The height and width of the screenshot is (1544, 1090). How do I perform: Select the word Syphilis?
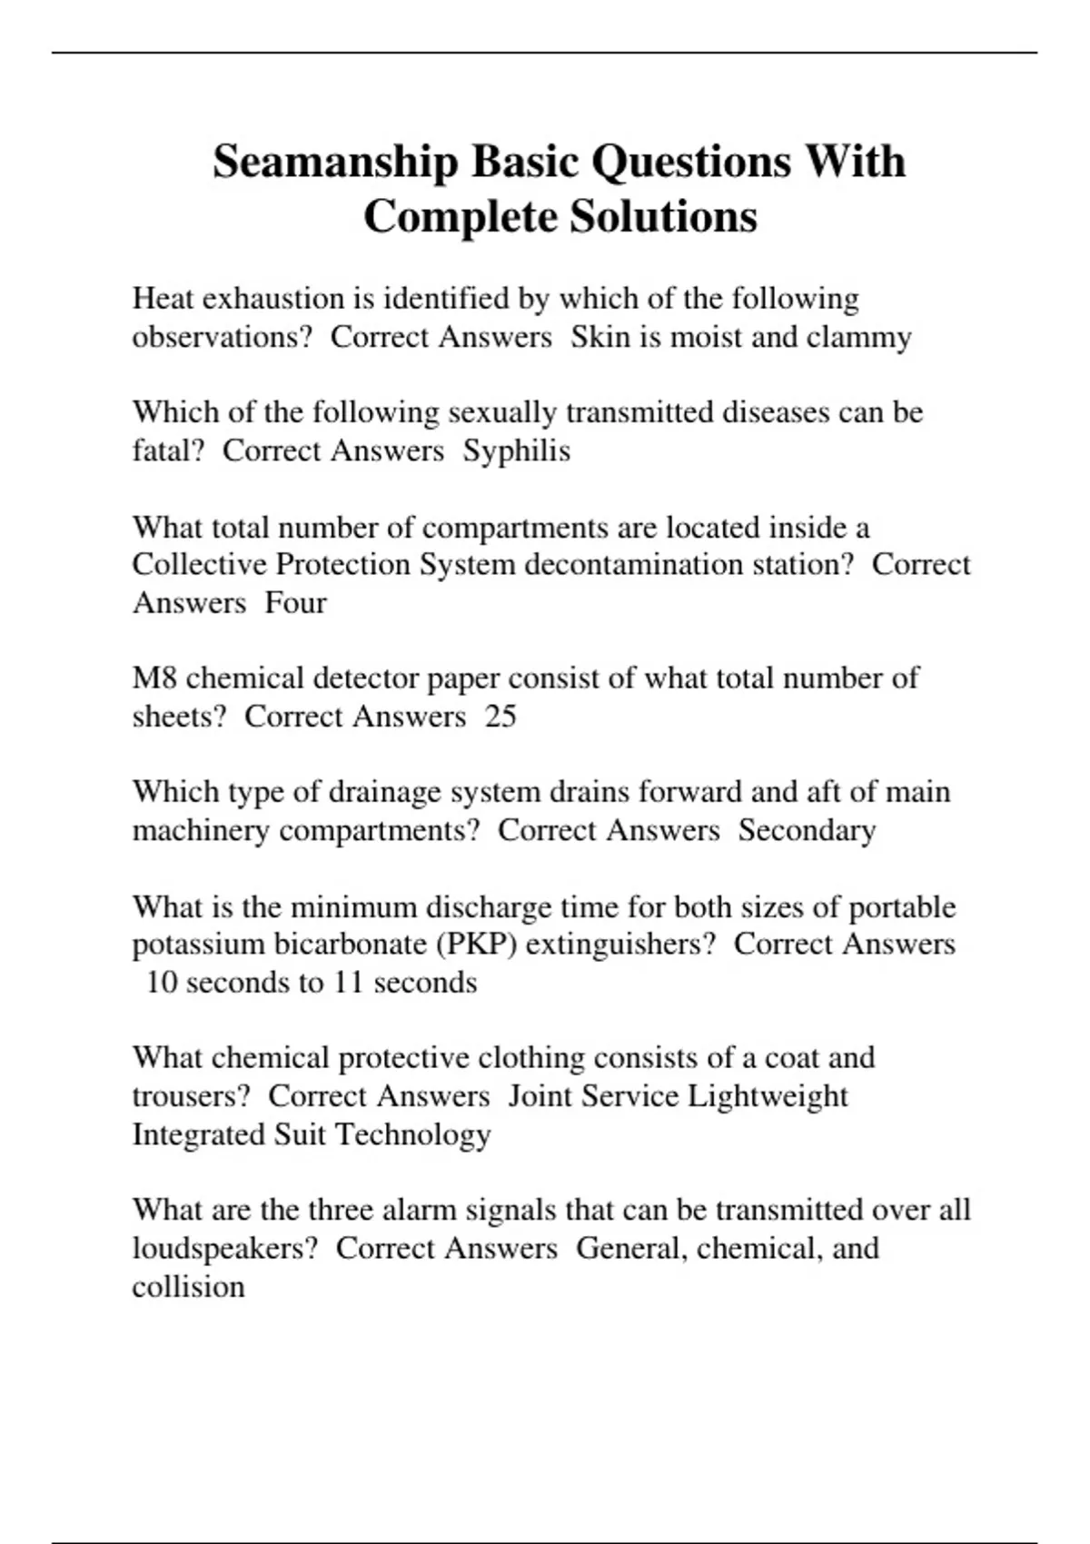point(517,450)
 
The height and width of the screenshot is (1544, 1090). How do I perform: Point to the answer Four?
point(295,602)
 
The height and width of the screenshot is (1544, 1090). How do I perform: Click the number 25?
point(500,717)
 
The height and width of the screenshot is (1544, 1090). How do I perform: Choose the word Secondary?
point(807,830)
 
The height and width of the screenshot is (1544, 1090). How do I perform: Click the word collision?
point(188,1287)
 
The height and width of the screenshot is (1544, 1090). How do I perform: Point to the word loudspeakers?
point(225,1249)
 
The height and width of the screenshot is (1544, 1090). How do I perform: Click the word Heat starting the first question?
point(161,299)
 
